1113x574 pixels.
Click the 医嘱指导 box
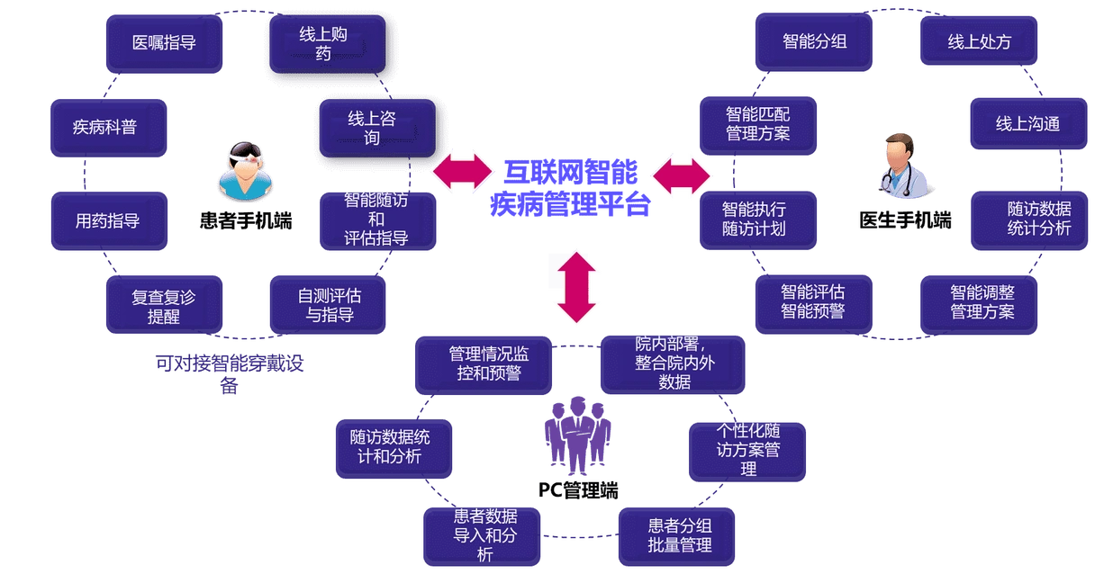164,42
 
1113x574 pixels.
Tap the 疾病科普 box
105,127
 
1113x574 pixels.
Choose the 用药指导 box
107,220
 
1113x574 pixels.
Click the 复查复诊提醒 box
164,307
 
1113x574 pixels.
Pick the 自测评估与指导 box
328,305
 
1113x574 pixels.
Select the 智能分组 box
813,42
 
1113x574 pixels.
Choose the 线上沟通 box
1027,124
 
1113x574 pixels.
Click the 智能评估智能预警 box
812,302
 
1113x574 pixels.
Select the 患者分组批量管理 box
676,535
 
